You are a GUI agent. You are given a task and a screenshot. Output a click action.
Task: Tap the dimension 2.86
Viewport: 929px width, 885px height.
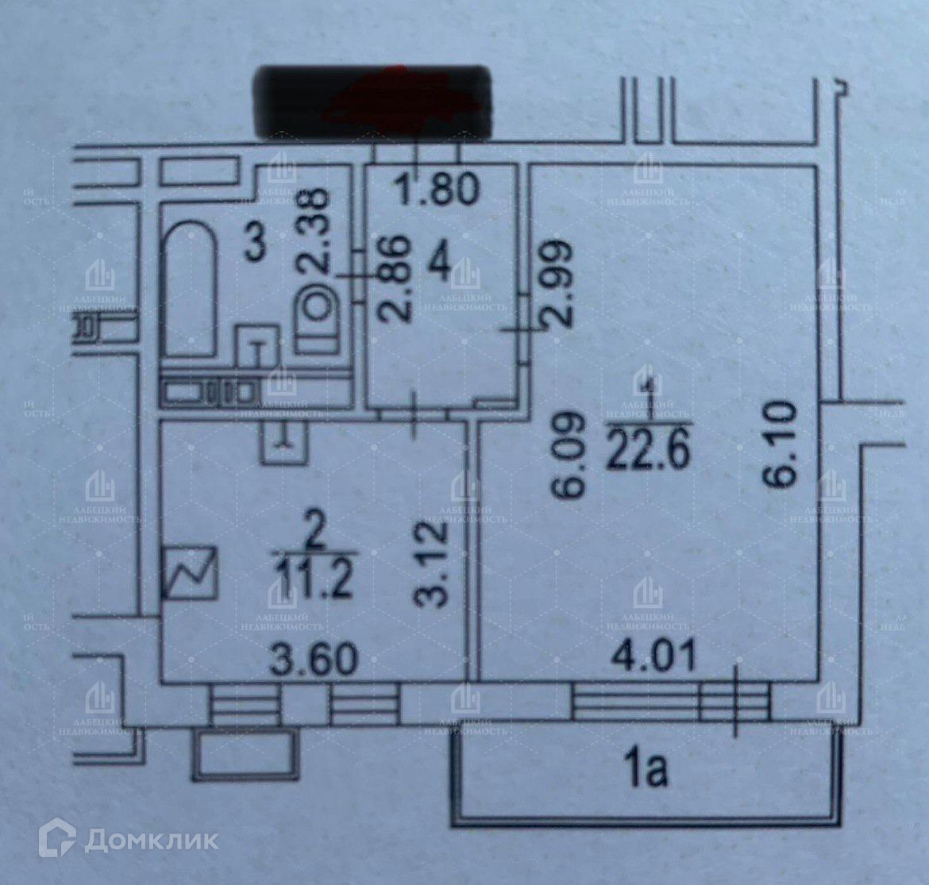395,276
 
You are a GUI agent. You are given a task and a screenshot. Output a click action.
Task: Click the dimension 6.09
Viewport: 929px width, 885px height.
574,454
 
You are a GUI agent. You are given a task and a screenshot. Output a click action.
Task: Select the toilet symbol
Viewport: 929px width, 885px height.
318,317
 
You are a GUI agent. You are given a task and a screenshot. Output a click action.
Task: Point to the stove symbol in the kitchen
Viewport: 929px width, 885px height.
190,572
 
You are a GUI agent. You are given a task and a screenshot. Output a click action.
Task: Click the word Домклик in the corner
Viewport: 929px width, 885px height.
151,841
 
